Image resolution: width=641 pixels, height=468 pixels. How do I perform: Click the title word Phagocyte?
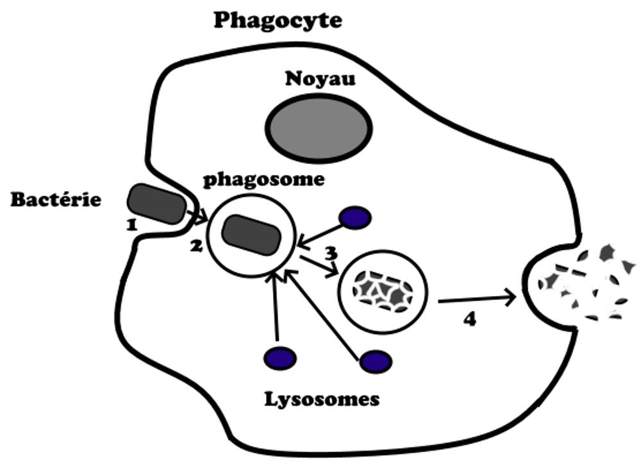click(278, 20)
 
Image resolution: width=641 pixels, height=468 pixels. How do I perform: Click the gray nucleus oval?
click(319, 127)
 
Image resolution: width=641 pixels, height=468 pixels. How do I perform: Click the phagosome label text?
click(264, 180)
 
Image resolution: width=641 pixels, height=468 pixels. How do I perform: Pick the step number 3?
click(331, 253)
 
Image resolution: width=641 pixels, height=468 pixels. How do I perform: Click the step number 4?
click(469, 319)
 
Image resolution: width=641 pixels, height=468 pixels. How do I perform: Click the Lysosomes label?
click(322, 400)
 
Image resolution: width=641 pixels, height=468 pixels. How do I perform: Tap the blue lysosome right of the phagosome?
click(355, 218)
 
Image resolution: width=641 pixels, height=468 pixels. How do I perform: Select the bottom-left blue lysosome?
click(280, 357)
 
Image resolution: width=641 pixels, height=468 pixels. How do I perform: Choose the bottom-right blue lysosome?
click(375, 362)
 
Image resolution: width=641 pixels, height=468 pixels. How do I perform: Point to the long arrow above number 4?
click(477, 299)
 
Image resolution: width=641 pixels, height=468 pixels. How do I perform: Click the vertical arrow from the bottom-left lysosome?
click(276, 308)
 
